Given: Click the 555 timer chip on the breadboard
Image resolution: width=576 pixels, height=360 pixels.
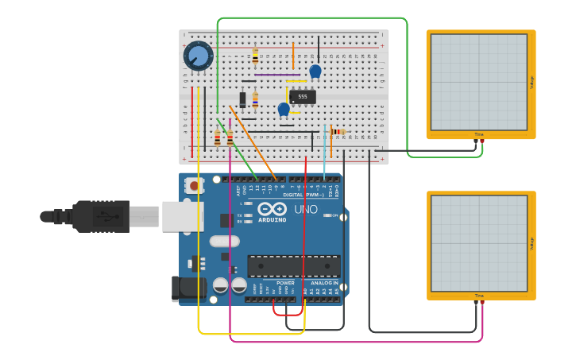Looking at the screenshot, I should pos(303,97).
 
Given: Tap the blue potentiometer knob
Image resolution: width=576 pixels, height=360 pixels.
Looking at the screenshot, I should pos(198,56).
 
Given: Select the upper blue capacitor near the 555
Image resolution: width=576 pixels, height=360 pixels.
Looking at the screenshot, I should pos(315,72).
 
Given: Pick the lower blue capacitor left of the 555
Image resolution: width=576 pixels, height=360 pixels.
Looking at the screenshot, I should pos(284,110).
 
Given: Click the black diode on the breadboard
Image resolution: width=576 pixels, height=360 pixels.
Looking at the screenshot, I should pos(243,100).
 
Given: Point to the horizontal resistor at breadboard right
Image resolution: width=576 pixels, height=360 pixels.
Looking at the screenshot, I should pos(338,132).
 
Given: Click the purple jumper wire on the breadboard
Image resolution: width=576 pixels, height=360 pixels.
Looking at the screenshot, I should pos(276,75).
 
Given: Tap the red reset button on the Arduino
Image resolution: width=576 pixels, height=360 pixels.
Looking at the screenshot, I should pos(193,185).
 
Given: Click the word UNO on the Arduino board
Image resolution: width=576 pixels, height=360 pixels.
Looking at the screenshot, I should pos(306,210).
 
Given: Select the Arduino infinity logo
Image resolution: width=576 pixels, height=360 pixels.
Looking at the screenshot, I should pos(272,208).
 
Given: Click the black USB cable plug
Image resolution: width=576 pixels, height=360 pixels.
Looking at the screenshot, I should pos(99,216).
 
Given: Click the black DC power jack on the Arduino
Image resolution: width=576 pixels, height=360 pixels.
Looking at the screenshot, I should pos(189,288).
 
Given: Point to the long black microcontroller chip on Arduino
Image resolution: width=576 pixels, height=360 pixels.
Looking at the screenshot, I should pos(293,265).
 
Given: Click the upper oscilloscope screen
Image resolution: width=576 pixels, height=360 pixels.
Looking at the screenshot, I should pos(478,82).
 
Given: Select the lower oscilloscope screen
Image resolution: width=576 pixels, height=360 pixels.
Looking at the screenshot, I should pos(478,243).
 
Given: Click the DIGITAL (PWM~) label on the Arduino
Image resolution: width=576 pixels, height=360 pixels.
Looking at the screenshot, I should pos(304,195).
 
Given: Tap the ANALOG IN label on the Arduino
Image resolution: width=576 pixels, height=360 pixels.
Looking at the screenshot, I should pos(324,283).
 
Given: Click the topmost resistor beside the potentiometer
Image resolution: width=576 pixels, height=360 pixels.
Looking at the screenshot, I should pos(255,56).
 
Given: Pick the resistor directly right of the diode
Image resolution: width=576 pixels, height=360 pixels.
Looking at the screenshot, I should pos(255,100).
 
